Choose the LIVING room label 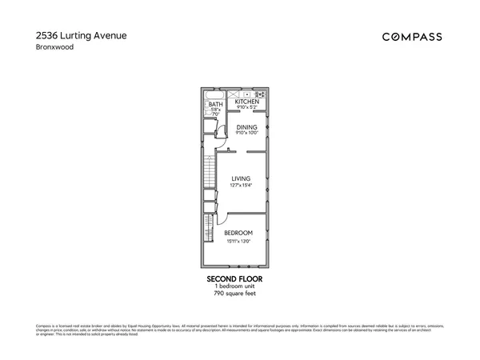click(x=241, y=178)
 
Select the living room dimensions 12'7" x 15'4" click(x=241, y=186)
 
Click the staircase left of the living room click(x=210, y=172)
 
